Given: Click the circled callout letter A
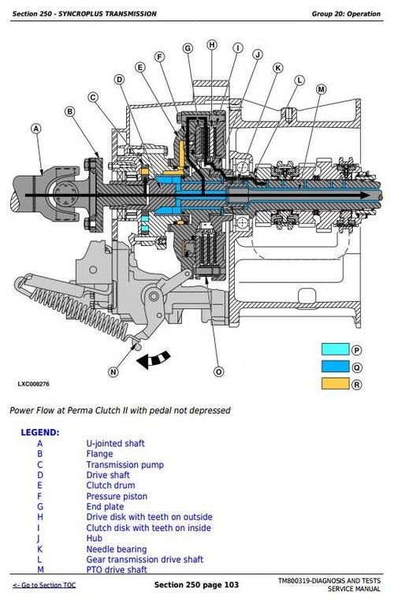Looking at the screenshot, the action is point(36,129).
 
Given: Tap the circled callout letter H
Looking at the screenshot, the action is point(212,45).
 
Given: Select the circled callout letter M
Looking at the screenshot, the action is point(322,89).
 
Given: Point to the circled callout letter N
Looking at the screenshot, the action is point(113,371).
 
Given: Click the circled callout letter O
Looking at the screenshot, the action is point(218,371).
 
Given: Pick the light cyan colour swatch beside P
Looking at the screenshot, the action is point(336,349).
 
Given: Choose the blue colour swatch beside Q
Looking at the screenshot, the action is point(336,367).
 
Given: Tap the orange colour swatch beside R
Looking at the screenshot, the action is point(336,384).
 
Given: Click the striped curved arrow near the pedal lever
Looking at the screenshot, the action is point(154,360).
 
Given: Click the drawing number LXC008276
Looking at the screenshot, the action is point(34,384).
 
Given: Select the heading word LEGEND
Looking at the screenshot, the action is point(40,432).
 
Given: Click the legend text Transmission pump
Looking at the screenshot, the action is point(125,464).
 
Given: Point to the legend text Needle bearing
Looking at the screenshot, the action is point(117,549).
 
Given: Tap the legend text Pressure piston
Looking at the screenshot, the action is point(117,496).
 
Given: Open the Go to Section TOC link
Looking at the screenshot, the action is point(44,585).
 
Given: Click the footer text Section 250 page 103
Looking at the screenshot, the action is point(196,585).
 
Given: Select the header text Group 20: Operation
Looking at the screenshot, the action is point(346,13).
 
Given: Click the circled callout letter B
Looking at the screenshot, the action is point(69,111).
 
